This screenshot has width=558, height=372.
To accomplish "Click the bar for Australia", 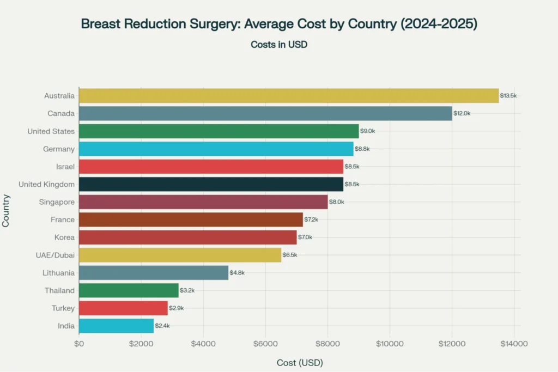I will (289, 96).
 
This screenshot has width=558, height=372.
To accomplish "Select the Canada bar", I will (265, 113).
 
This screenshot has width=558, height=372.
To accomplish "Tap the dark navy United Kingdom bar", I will (211, 184).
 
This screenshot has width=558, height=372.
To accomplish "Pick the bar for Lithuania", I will (154, 273).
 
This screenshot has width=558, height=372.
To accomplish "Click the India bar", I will (116, 326).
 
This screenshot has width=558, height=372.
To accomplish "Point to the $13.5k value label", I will (508, 96).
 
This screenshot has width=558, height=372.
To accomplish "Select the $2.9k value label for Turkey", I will (176, 308).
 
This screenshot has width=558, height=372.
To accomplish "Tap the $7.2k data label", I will (311, 219).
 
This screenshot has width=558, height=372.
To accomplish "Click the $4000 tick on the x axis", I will (203, 344).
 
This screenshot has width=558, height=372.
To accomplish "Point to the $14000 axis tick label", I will (514, 344).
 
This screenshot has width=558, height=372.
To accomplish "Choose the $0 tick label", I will (79, 344).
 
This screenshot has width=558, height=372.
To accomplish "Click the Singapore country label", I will (57, 202).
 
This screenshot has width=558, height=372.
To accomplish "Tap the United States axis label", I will (51, 131).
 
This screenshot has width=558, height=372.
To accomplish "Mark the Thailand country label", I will (59, 290).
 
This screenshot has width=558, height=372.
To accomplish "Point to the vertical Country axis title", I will (7, 211).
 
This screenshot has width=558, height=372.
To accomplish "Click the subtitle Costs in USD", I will (279, 45).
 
